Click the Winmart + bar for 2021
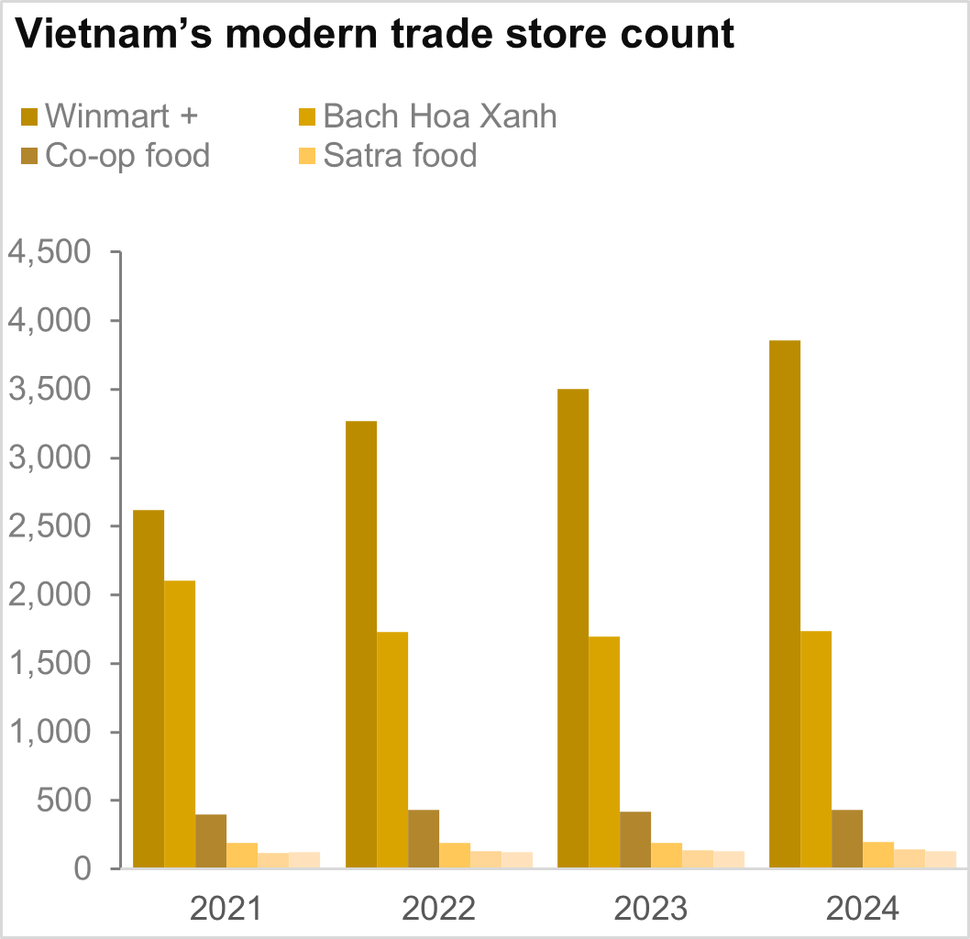pyautogui.click(x=149, y=688)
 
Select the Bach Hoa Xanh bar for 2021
pyautogui.click(x=180, y=724)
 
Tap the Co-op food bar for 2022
pyautogui.click(x=424, y=838)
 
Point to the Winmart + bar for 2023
pyautogui.click(x=573, y=628)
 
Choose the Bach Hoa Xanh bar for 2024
pyautogui.click(x=816, y=748)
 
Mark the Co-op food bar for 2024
pyautogui.click(x=847, y=838)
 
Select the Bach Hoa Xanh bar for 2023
pyautogui.click(x=604, y=752)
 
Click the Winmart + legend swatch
pyautogui.click(x=29, y=117)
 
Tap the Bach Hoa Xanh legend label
pyautogui.click(x=440, y=117)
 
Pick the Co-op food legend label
pyautogui.click(x=127, y=156)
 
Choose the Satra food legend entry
pyautogui.click(x=400, y=156)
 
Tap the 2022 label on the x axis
pyautogui.click(x=439, y=909)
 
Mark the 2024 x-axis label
pyautogui.click(x=863, y=909)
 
